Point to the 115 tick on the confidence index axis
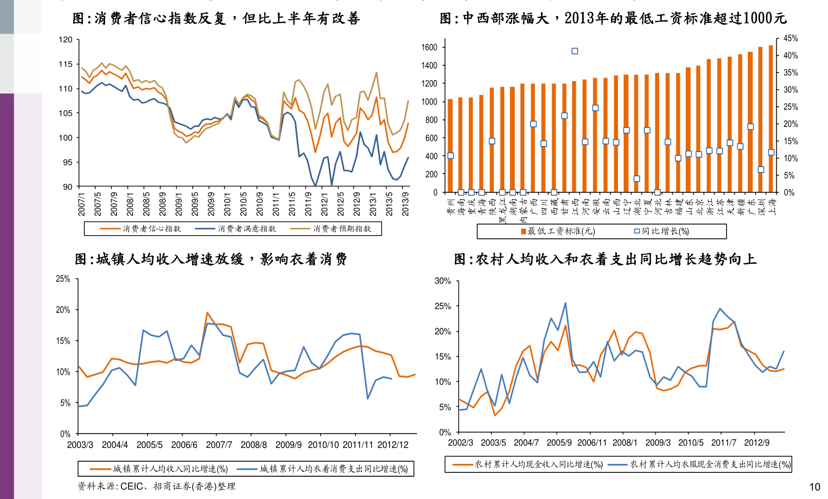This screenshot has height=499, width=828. tap(65, 64)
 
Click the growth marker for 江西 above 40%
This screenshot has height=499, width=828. tap(574, 51)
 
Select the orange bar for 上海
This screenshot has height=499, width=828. tap(771, 119)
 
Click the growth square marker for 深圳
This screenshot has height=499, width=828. tap(761, 170)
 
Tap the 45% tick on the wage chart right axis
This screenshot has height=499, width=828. tap(790, 38)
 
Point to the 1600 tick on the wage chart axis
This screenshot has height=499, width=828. tap(429, 47)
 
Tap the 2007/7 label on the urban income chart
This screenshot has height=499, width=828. tap(219, 445)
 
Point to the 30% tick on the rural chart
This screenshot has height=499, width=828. tap(443, 281)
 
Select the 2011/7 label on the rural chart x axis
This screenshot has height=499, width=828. tap(723, 443)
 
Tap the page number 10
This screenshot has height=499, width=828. tap(814, 487)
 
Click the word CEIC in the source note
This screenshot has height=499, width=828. tap(131, 486)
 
